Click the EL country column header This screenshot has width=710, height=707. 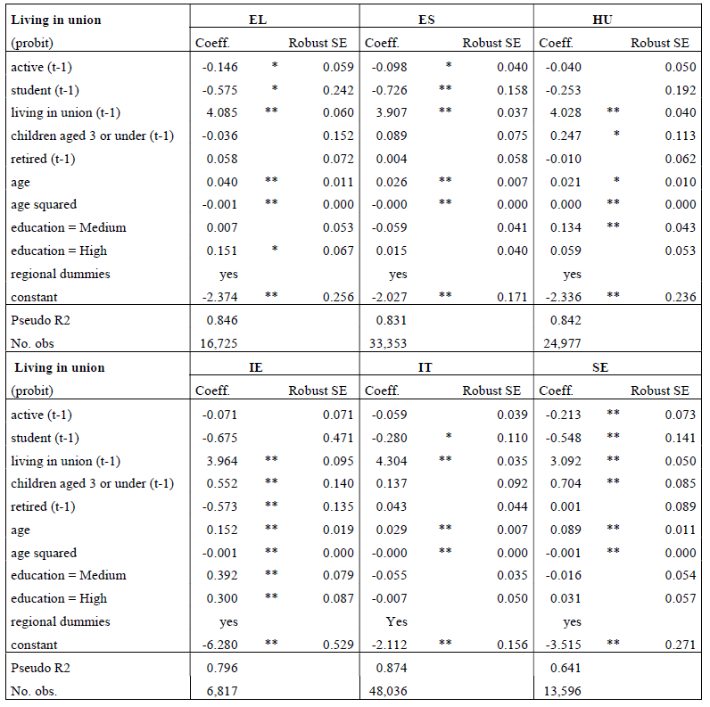point(258,19)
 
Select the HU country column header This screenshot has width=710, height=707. point(602,19)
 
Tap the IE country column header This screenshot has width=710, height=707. point(256,367)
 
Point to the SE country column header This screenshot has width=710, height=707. point(600,367)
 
